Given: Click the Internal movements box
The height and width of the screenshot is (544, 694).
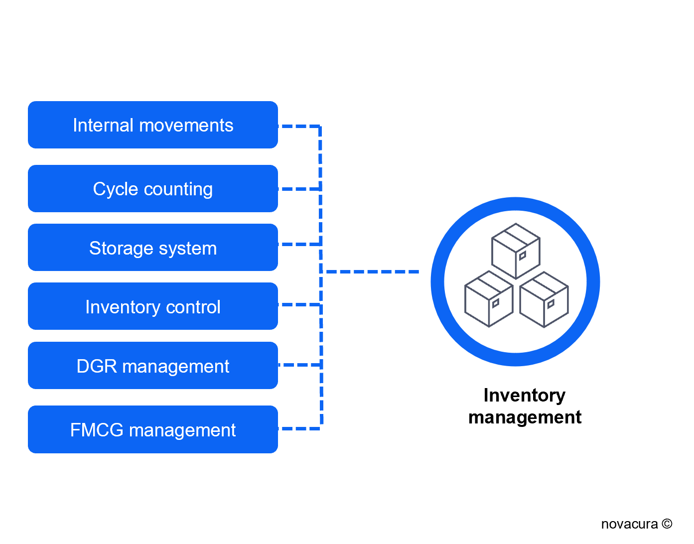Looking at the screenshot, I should (x=152, y=125).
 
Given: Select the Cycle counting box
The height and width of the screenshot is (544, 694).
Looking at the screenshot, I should (x=152, y=189).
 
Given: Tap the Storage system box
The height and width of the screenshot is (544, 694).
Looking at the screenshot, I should (x=152, y=248).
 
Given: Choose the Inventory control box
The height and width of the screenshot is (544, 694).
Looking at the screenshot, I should (x=152, y=306).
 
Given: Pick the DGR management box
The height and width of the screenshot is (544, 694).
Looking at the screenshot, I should (x=152, y=366).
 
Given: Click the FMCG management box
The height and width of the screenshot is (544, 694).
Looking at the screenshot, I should (x=152, y=429).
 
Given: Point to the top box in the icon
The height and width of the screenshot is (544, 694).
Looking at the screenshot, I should (x=516, y=251).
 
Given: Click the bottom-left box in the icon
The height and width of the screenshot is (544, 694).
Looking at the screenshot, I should (x=489, y=299).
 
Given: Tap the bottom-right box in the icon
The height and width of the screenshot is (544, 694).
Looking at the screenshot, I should (x=544, y=299).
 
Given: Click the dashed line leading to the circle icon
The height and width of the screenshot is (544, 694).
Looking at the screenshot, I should (x=371, y=272).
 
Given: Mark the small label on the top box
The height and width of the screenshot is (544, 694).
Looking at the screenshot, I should (x=522, y=256).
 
